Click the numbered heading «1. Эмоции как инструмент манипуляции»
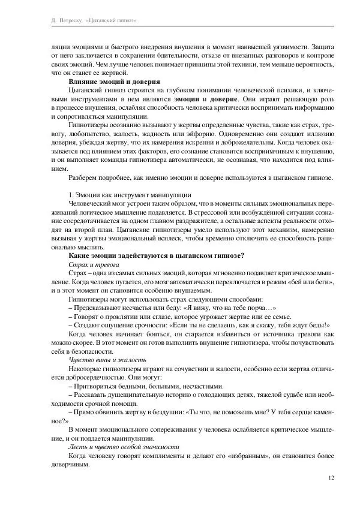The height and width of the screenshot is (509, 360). click(130, 194)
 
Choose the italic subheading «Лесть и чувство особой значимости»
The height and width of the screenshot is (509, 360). click(124, 447)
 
